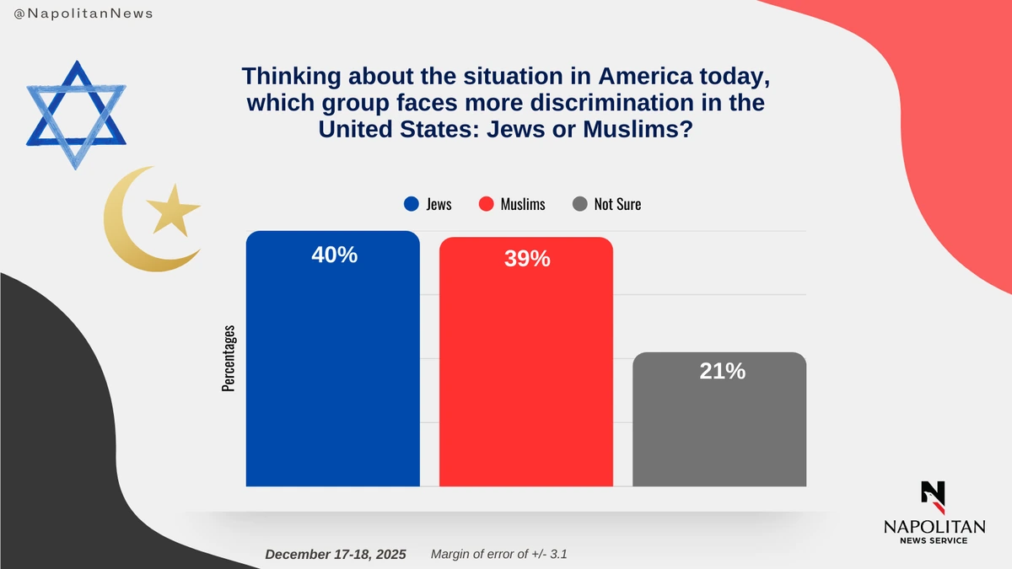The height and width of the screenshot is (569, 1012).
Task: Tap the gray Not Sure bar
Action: (x=719, y=430)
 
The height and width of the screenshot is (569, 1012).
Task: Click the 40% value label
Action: (x=334, y=255)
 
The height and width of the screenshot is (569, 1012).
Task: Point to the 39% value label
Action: (x=527, y=260)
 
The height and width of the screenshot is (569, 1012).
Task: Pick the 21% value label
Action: (x=722, y=371)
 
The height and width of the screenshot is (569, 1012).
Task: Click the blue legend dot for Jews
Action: (x=412, y=204)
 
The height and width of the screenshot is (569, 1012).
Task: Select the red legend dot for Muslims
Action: (x=485, y=204)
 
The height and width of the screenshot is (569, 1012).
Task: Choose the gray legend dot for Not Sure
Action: (x=579, y=204)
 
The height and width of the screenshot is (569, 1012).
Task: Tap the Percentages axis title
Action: (x=229, y=357)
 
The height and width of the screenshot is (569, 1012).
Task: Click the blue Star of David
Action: (x=76, y=114)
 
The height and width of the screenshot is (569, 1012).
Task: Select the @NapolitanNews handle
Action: (x=83, y=14)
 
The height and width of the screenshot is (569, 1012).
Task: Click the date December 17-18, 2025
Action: (x=335, y=554)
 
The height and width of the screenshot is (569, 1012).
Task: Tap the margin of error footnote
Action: (x=504, y=554)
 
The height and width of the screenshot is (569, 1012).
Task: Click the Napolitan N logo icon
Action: (x=933, y=497)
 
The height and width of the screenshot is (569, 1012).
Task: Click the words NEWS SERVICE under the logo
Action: (x=934, y=540)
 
